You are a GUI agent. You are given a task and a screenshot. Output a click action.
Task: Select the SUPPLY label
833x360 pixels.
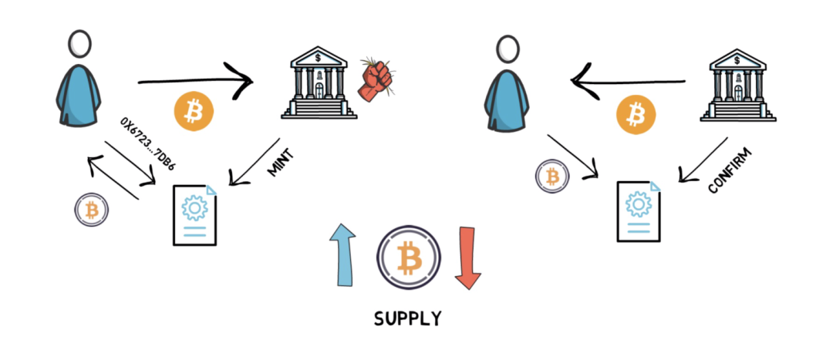pyautogui.click(x=407, y=318)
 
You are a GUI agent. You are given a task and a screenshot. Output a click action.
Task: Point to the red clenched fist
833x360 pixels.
pyautogui.click(x=376, y=79)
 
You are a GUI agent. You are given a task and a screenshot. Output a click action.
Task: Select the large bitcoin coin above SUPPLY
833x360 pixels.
pyautogui.click(x=409, y=257)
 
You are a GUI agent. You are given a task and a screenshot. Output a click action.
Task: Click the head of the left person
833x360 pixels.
pyautogui.click(x=79, y=44)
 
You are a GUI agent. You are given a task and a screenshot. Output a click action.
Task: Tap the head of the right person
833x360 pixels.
pyautogui.click(x=508, y=49)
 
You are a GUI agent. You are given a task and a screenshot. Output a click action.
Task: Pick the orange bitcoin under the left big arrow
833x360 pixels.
pyautogui.click(x=194, y=111)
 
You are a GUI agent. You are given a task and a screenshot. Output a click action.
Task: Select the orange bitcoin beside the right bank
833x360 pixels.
pyautogui.click(x=636, y=114)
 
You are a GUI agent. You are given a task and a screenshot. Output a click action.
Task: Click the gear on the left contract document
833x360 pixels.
pyautogui.click(x=194, y=208)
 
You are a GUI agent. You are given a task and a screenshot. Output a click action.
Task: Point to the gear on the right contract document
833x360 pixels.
pyautogui.click(x=638, y=204)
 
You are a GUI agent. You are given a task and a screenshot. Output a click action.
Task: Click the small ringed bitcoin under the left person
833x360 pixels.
pyautogui.click(x=91, y=210)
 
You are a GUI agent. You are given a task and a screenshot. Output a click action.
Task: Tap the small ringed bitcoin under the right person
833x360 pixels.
pyautogui.click(x=552, y=177)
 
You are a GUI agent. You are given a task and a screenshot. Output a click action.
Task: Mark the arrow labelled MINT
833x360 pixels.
pyautogui.click(x=255, y=162)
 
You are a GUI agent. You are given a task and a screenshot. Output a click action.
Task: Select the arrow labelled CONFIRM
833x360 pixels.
pyautogui.click(x=703, y=160)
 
